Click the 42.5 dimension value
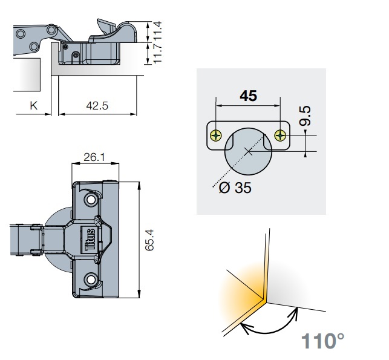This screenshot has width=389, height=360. click(x=97, y=105)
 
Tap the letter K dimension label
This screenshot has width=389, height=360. click(x=34, y=105)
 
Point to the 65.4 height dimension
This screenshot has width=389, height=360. click(x=151, y=240)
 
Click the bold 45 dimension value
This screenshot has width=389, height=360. click(x=248, y=96)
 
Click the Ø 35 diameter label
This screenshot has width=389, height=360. click(x=235, y=188)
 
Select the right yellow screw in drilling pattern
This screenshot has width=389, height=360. click(x=279, y=135)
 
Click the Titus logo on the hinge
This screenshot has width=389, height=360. click(x=90, y=238)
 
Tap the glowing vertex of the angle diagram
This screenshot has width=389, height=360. click(x=263, y=298)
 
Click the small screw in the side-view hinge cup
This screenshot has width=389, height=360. click(x=75, y=55)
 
